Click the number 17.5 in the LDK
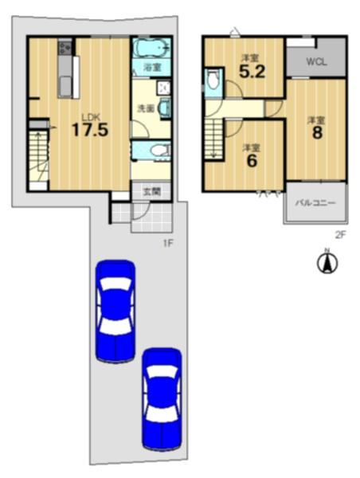[x=90, y=129]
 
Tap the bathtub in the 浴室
[x=151, y=48]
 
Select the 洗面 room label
[x=146, y=108]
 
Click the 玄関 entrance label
[x=152, y=192]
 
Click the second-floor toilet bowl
[x=213, y=80]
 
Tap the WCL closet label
[x=317, y=62]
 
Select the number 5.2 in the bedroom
[x=252, y=72]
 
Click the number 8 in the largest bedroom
[x=317, y=132]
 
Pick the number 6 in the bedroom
[x=252, y=161]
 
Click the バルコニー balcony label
[x=315, y=202]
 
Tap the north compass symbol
[x=327, y=262]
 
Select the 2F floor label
[x=340, y=234]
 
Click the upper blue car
[x=115, y=311]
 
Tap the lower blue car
[x=162, y=400]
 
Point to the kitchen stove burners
[x=65, y=48]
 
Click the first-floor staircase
[x=39, y=155]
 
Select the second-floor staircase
[x=213, y=139]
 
